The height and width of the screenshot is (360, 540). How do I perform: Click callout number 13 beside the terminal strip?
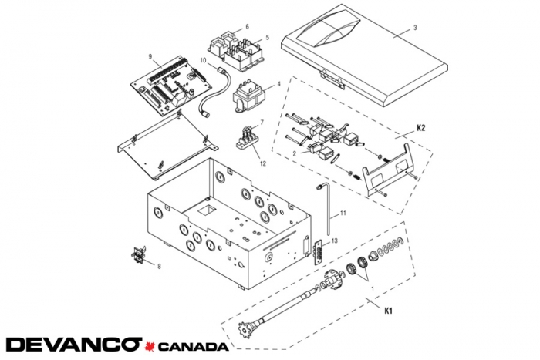click(x=335, y=242)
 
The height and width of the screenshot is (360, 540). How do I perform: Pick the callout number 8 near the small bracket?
click(x=159, y=267)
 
